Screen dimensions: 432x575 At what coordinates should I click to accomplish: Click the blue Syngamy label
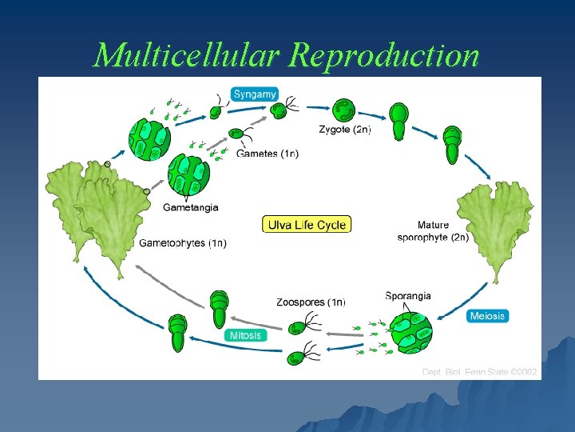254,94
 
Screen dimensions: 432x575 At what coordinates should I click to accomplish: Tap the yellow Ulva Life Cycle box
307,225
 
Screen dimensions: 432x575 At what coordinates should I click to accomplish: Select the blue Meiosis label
486,316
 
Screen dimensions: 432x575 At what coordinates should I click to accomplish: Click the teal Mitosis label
245,335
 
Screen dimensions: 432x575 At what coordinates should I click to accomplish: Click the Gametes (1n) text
268,154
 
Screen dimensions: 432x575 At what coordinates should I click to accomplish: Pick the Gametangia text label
190,208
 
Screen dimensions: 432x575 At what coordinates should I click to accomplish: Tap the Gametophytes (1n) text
183,243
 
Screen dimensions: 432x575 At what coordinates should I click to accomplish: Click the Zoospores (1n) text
311,302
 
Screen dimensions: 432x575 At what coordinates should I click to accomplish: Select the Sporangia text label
407,296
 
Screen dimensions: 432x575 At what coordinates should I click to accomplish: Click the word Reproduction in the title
385,55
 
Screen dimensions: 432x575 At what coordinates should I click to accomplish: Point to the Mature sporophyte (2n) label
432,231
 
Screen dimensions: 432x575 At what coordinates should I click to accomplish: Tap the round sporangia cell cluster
410,332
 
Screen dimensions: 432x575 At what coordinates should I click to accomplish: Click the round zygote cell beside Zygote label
344,110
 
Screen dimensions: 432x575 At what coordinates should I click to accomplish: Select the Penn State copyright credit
479,372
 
